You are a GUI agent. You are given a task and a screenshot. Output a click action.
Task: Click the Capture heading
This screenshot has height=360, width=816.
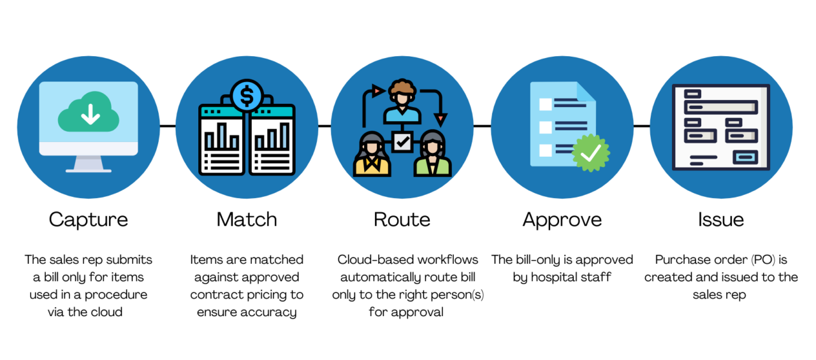pyautogui.click(x=88, y=220)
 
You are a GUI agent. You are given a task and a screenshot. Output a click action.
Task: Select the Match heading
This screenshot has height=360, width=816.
pyautogui.click(x=247, y=220)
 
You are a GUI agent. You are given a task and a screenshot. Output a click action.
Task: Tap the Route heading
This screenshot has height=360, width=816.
pyautogui.click(x=402, y=220)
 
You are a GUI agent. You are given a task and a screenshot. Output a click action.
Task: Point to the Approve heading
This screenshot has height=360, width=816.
pyautogui.click(x=562, y=220)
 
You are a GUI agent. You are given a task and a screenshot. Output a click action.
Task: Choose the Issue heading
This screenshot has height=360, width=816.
pyautogui.click(x=720, y=220)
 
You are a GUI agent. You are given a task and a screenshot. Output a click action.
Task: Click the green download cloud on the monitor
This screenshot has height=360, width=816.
pyautogui.click(x=89, y=116)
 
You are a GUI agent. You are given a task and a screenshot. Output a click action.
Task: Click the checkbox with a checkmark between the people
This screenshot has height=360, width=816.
pyautogui.click(x=402, y=142)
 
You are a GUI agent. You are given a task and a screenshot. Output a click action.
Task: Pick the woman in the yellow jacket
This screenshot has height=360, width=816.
pyautogui.click(x=372, y=156)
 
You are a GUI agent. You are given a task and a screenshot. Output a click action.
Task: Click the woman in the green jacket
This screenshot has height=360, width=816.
pyautogui.click(x=432, y=156)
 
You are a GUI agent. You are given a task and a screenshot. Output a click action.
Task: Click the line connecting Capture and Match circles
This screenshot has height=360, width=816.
pyautogui.click(x=167, y=126)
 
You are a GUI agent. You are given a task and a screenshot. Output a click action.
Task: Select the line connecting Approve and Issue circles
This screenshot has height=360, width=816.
pyautogui.click(x=641, y=126)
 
